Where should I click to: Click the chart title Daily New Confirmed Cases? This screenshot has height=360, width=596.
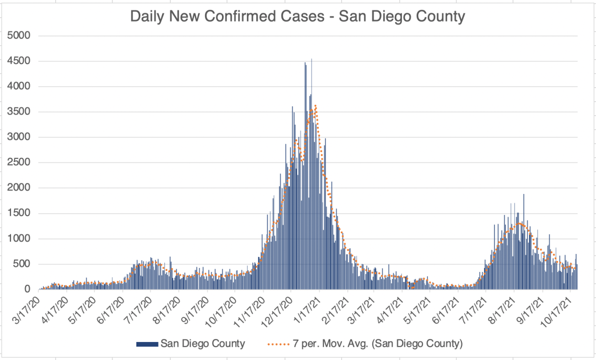click(x=298, y=16)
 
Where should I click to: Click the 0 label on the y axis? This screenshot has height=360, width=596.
click(x=26, y=290)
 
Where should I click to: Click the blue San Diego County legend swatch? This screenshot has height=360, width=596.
click(x=147, y=344)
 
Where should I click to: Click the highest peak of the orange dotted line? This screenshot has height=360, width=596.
click(x=315, y=105)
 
